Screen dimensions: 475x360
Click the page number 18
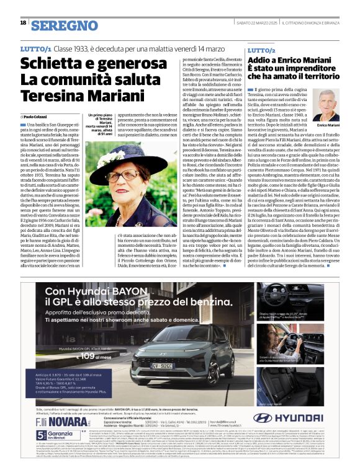pos(23,23)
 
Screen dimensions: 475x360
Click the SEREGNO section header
pos(65,25)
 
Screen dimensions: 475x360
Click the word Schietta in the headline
pos(50,63)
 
